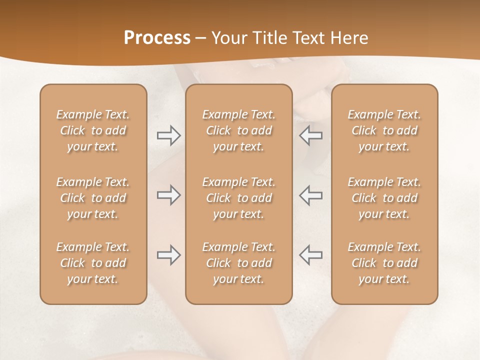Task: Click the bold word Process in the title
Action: coord(157,38)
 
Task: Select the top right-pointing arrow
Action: coord(169,135)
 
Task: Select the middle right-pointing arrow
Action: coord(169,195)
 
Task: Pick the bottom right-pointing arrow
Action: coord(169,255)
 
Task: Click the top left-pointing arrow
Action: coord(310,135)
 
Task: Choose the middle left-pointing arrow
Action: coord(310,195)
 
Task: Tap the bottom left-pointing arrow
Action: coord(310,255)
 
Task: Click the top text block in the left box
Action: coord(93,130)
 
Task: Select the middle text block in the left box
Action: coord(93,198)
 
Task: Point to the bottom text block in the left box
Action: coord(93,263)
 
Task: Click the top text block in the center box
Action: coord(238,130)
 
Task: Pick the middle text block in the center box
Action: coord(238,198)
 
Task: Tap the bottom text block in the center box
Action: coord(238,263)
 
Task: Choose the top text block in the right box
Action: coord(384,130)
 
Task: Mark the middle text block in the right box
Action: coord(384,198)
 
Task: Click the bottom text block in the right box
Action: coord(384,263)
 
